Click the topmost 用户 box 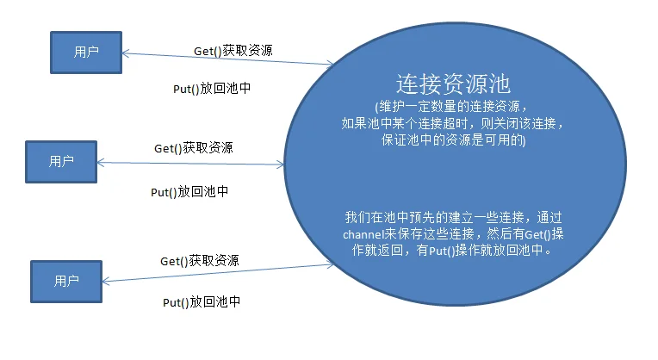pyautogui.click(x=86, y=53)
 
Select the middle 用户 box pyautogui.click(x=61, y=162)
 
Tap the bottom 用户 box pyautogui.click(x=66, y=282)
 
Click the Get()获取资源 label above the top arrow pyautogui.click(x=233, y=51)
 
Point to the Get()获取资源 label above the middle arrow pyautogui.click(x=194, y=148)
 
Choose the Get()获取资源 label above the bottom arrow pyautogui.click(x=199, y=261)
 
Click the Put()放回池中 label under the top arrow pyautogui.click(x=212, y=89)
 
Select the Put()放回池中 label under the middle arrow pyautogui.click(x=189, y=192)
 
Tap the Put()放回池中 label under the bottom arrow pyautogui.click(x=202, y=302)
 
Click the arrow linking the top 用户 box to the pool pyautogui.click(x=227, y=59)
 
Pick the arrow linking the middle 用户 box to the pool pyautogui.click(x=190, y=164)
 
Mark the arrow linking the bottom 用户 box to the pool pyautogui.click(x=218, y=273)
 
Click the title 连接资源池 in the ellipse pyautogui.click(x=453, y=84)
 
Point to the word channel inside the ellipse pyautogui.click(x=363, y=234)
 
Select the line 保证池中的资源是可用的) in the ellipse pyautogui.click(x=453, y=140)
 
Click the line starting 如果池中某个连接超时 pyautogui.click(x=452, y=123)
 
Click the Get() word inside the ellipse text pyautogui.click(x=537, y=234)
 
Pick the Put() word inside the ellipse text pyautogui.click(x=442, y=251)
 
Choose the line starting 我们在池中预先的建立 pyautogui.click(x=453, y=217)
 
